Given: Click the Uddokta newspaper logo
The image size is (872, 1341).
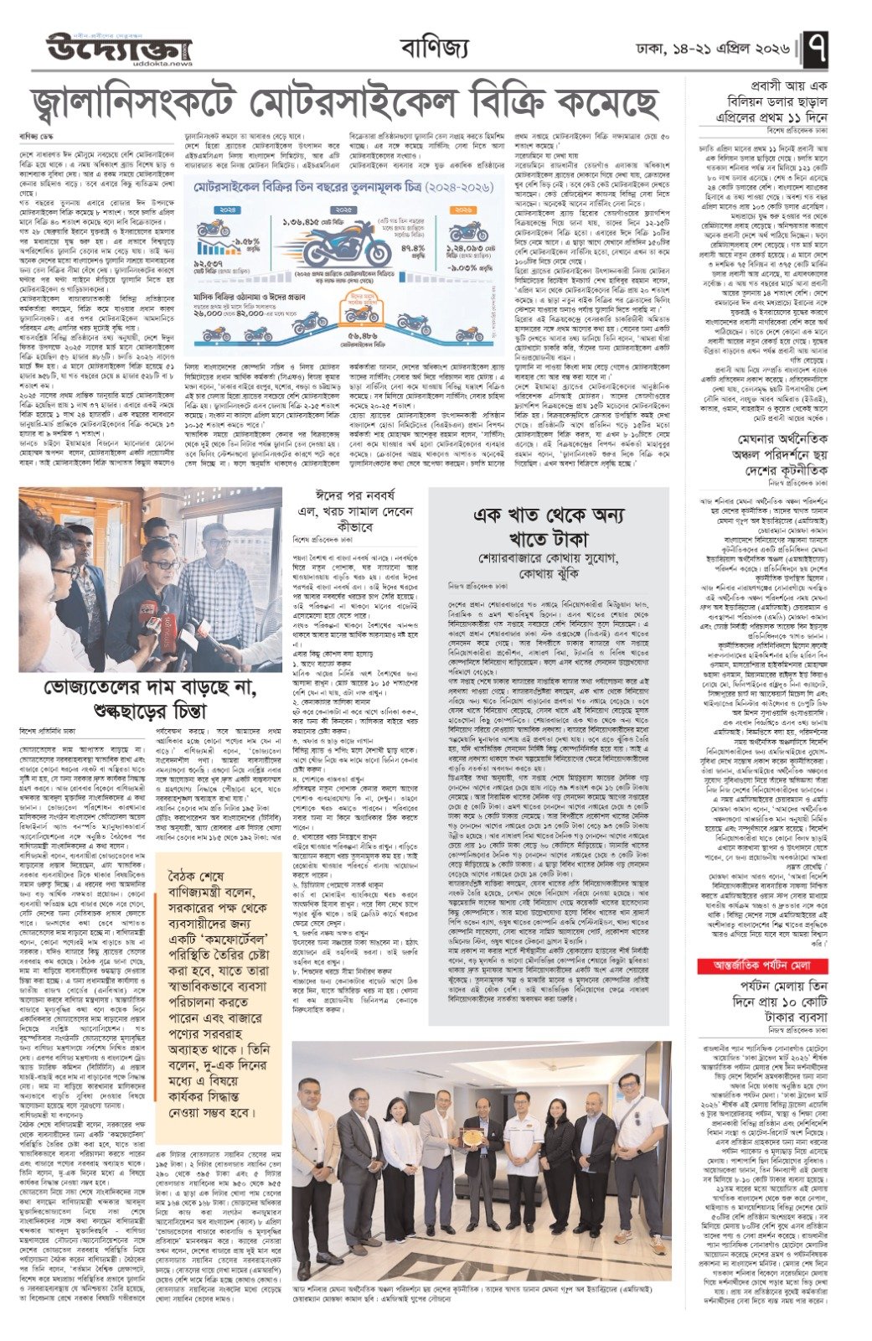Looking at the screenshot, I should [118, 46].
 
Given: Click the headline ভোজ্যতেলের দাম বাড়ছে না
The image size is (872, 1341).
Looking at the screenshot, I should [151, 700].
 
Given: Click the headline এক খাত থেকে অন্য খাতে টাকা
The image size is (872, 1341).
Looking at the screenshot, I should [552, 526].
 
